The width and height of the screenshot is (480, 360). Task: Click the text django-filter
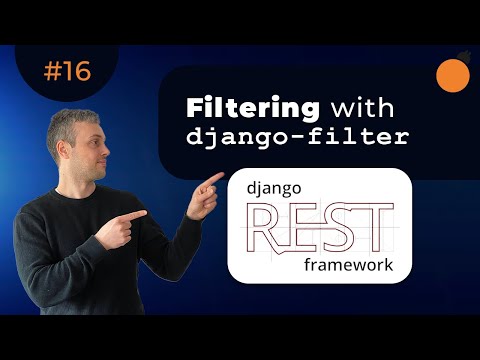[x=296, y=138]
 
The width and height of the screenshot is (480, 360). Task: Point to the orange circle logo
[x=455, y=75]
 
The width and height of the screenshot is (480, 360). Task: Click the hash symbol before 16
[x=52, y=71]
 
